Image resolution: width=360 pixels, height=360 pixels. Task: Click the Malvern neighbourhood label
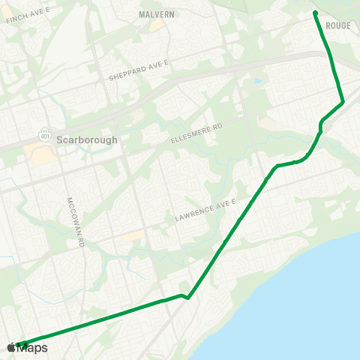pyautogui.click(x=157, y=13)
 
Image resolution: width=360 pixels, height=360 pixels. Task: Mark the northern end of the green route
pyautogui.click(x=315, y=13)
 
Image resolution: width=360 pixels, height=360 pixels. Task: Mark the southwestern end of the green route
pyautogui.click(x=18, y=345)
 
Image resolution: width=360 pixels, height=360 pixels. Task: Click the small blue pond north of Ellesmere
pyautogui.click(x=257, y=81)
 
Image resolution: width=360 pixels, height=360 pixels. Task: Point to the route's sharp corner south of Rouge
pyautogui.click(x=342, y=101)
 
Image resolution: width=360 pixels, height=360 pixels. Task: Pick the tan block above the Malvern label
pyautogui.click(x=157, y=25)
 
